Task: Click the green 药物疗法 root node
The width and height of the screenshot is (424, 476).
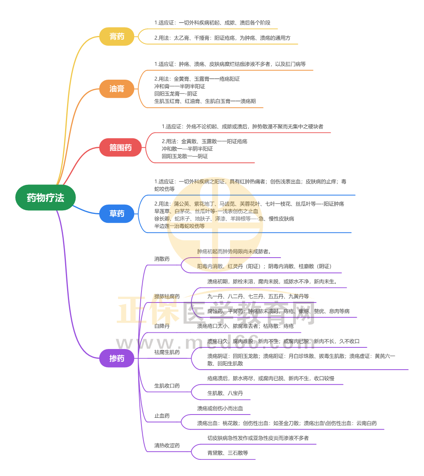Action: [x=45, y=197]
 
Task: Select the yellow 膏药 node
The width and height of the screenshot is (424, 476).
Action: [x=117, y=36]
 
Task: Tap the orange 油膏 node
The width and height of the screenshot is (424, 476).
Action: [x=117, y=89]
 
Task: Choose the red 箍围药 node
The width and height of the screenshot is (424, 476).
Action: [x=120, y=148]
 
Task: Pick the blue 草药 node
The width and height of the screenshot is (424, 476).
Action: [x=117, y=214]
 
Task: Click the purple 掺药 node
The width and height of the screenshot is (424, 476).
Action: [x=117, y=358]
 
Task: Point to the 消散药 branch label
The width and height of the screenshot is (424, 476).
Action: [x=162, y=259]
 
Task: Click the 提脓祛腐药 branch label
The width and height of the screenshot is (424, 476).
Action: [x=167, y=296]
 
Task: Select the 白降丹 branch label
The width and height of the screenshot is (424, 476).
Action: [x=162, y=326]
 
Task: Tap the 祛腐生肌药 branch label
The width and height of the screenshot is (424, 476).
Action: [x=167, y=352]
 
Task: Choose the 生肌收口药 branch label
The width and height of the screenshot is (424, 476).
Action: [x=167, y=386]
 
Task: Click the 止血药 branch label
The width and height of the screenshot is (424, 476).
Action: [x=162, y=416]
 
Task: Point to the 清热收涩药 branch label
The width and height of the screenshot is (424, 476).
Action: [x=167, y=445]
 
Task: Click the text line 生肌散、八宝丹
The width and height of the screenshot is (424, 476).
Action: [x=225, y=393]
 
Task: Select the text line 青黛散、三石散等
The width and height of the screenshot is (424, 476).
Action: [x=228, y=453]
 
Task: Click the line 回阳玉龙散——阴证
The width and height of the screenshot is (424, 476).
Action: [x=185, y=156]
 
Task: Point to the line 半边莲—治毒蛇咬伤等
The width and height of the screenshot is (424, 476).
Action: [x=179, y=226]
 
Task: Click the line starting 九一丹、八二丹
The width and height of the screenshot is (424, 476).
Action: [x=258, y=296]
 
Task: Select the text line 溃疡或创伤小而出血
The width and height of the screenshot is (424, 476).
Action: [x=220, y=408]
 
